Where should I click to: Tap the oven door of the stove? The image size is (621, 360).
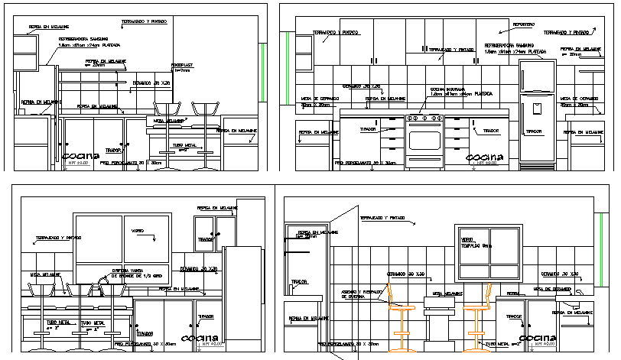pyautogui.click(x=424, y=139)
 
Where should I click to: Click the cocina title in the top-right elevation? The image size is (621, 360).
pyautogui.click(x=485, y=157)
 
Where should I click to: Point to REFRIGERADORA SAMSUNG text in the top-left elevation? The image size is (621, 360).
pyautogui.click(x=82, y=39)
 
